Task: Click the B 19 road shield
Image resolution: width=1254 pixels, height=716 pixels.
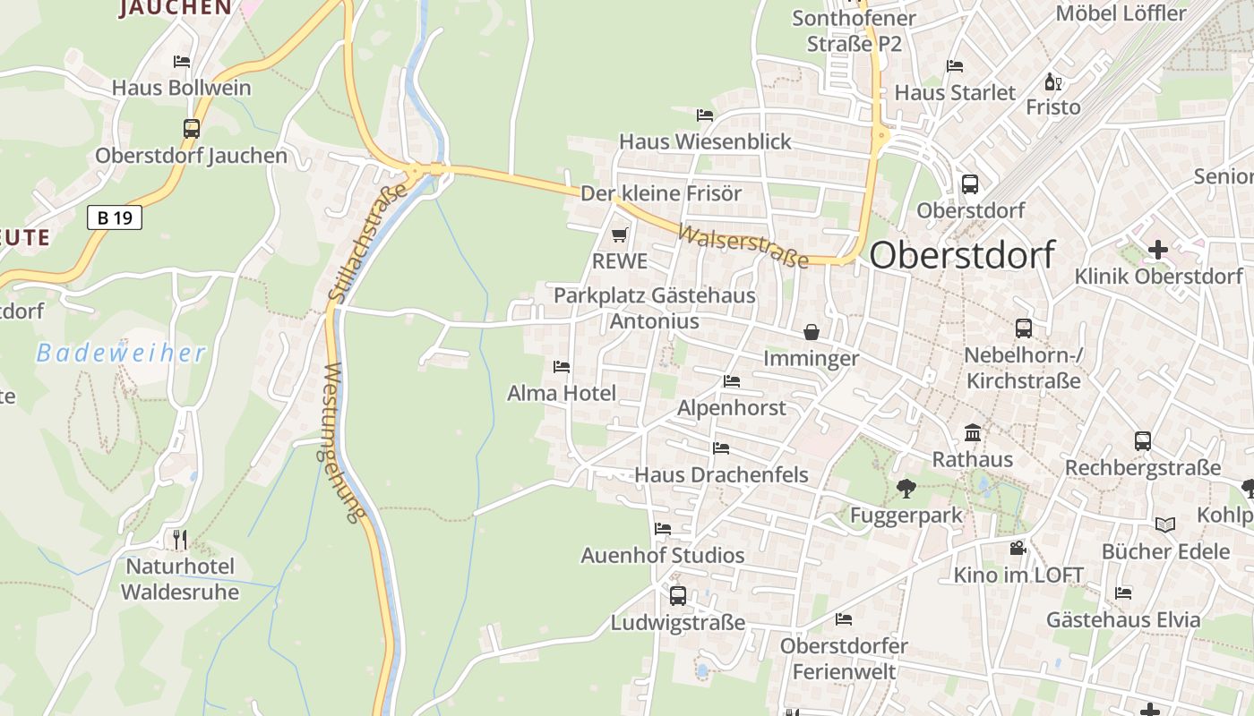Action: tap(115, 217)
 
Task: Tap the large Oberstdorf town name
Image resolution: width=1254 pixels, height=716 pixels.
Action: tap(962, 255)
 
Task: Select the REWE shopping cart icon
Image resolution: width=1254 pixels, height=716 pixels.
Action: tap(619, 235)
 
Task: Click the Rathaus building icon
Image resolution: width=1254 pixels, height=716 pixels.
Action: tap(973, 434)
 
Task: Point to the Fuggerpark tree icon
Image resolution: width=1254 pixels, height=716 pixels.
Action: tap(906, 489)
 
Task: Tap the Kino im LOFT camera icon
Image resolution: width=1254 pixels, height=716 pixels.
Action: tap(1018, 549)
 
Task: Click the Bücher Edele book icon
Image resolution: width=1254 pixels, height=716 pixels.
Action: tap(1164, 525)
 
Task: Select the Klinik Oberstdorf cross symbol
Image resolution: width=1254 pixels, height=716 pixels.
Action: tap(1158, 250)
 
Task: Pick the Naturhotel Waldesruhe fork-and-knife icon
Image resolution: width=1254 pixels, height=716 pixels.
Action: tap(180, 540)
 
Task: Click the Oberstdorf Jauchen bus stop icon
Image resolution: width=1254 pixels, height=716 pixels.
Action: tap(192, 129)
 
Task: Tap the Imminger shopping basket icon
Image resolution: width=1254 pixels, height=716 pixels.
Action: tap(812, 333)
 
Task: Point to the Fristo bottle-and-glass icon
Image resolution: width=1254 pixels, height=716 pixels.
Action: tap(1053, 82)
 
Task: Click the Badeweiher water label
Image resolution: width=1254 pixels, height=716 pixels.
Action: tap(121, 353)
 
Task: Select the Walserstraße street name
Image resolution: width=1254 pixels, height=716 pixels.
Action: tap(743, 245)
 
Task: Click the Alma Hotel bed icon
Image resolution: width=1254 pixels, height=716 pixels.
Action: tap(562, 367)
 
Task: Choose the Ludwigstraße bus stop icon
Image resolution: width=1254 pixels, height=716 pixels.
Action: tap(678, 596)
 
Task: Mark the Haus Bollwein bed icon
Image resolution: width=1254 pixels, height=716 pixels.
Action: tap(182, 62)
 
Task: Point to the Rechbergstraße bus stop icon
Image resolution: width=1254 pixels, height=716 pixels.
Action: tap(1143, 441)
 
